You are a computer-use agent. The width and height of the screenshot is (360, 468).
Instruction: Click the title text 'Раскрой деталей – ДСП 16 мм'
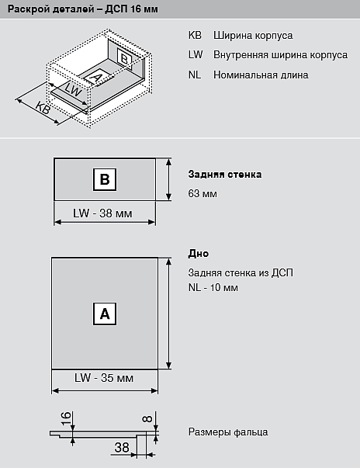83,9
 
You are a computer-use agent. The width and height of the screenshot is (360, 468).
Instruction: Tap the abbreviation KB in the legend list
195,35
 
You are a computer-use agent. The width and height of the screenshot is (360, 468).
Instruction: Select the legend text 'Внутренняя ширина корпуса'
280,55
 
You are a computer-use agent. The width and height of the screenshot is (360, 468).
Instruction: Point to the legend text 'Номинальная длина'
261,75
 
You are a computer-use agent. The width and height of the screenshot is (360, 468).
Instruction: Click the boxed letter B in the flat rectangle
105,179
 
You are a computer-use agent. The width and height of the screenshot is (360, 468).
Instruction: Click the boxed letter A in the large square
105,314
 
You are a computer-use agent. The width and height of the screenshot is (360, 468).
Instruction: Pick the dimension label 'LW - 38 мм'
102,213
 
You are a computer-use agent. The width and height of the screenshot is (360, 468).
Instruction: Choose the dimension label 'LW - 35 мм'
104,378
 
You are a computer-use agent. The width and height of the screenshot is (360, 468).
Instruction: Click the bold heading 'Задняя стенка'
225,175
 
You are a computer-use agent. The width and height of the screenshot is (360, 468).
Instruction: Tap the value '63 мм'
202,193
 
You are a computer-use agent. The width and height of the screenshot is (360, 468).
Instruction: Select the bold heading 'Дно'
199,253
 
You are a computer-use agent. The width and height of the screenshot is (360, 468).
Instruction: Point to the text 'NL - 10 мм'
213,287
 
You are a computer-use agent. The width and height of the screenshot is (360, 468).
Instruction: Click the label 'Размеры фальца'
228,432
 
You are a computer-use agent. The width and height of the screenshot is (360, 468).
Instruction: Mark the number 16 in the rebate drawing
67,418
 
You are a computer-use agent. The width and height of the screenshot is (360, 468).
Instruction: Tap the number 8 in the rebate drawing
147,419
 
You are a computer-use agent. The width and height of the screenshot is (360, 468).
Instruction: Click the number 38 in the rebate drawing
122,447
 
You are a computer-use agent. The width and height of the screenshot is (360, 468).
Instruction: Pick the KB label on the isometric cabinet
43,108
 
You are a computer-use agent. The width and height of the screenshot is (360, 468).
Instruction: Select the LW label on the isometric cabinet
73,88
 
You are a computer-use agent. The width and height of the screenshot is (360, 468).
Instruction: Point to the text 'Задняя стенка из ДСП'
241,272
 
